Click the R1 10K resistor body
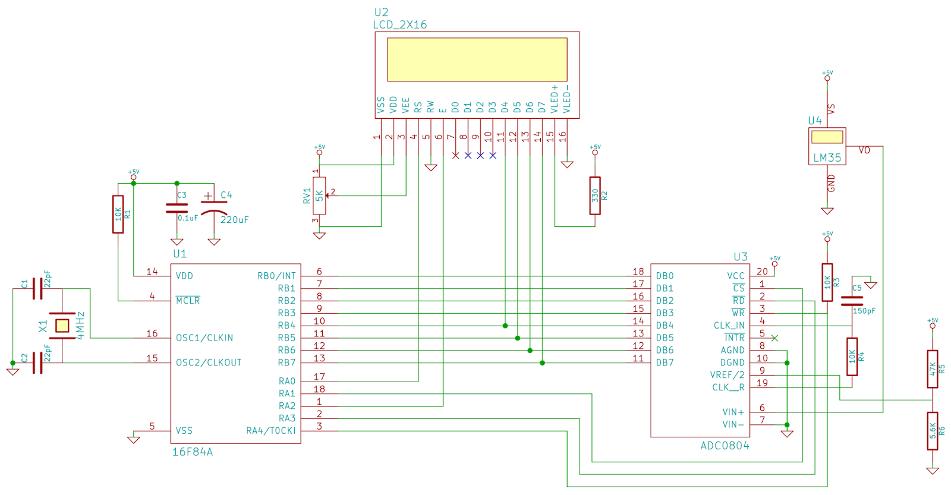coord(118,214)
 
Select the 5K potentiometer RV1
coord(319,196)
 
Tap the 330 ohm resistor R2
coord(595,196)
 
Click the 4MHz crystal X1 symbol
coord(62,326)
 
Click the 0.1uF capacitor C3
coord(177,207)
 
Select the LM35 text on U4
coord(827,158)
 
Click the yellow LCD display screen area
coord(477,59)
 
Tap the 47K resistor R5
coord(933,369)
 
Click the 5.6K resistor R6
coord(933,431)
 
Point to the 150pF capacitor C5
coord(852,301)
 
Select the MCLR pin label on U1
coord(188,301)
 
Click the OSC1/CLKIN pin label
coord(204,338)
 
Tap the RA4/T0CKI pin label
coord(270,431)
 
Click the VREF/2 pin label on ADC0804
coord(727,375)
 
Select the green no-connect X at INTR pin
coord(774,338)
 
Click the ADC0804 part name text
coord(725,446)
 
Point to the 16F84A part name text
coord(193,452)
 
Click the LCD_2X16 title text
coord(399,25)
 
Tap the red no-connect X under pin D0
coord(455,155)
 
